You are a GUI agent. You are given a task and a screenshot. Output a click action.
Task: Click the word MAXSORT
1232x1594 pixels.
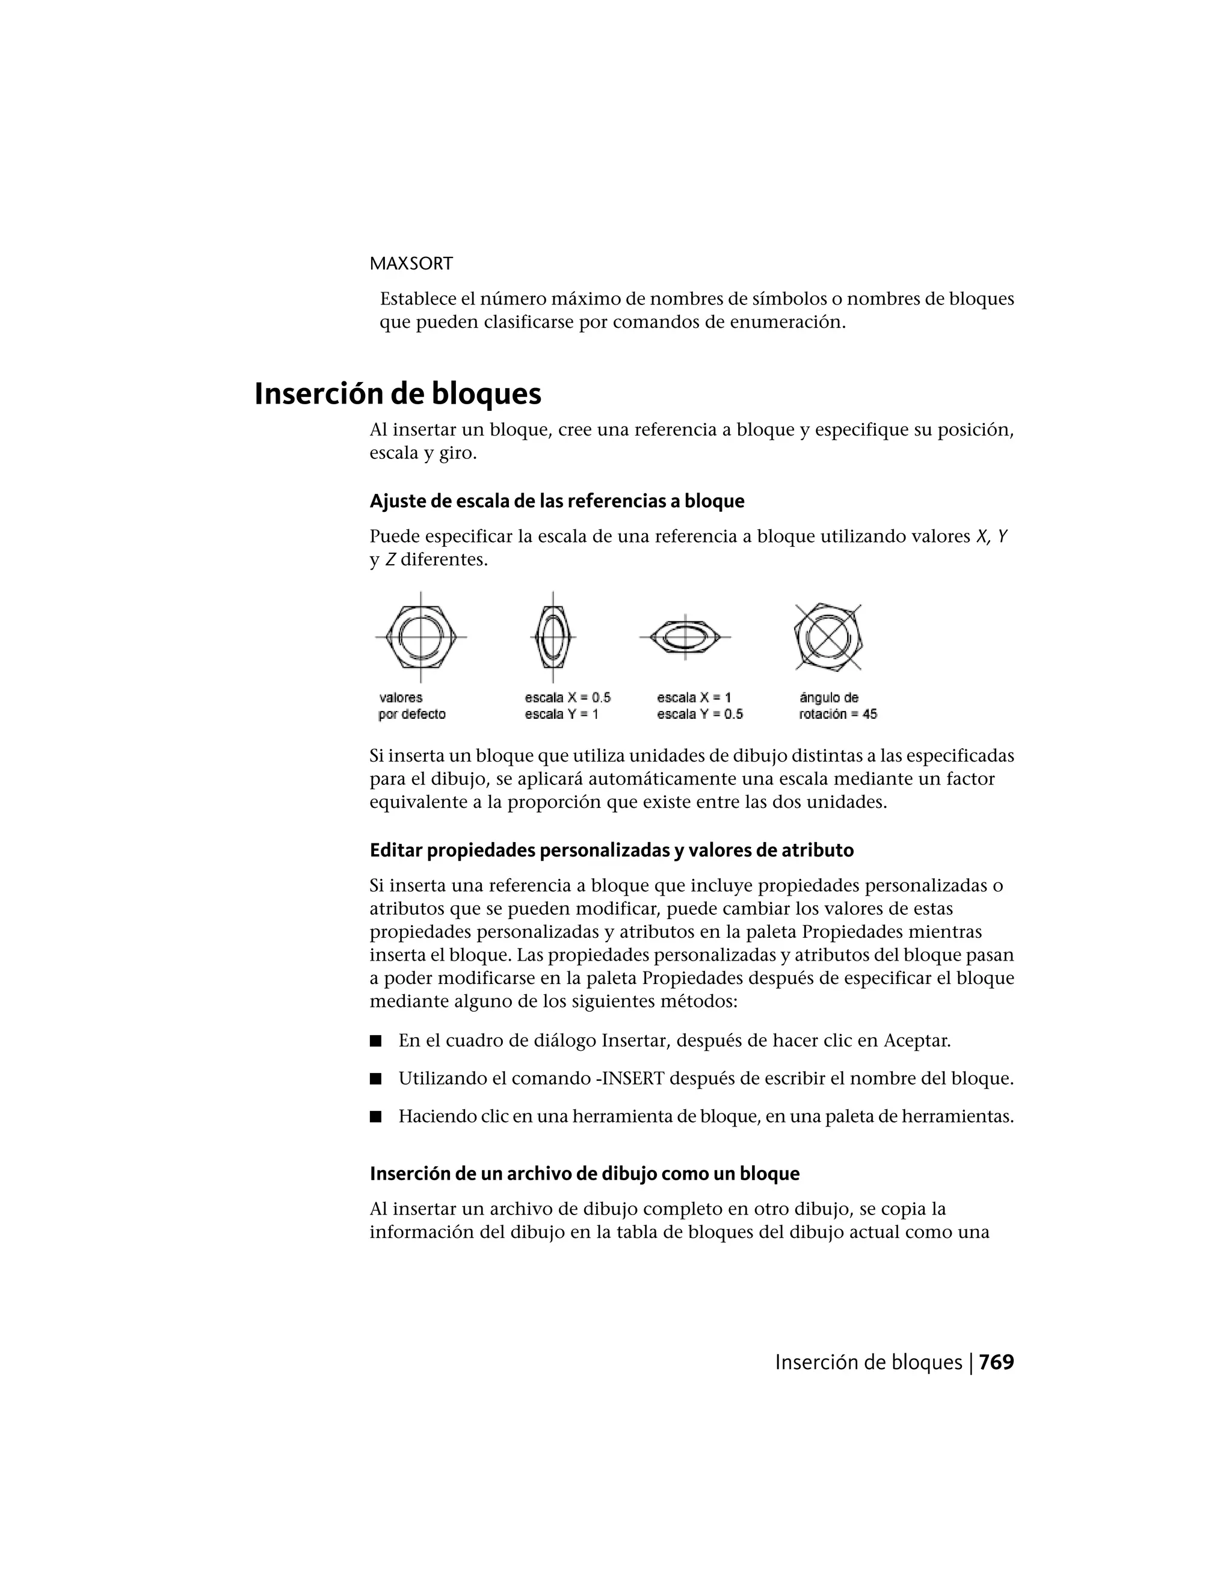pyautogui.click(x=411, y=263)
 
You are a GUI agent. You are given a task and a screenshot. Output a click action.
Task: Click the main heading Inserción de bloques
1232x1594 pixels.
pyautogui.click(x=398, y=394)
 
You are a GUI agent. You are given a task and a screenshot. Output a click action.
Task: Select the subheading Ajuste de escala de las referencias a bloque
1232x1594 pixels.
pyautogui.click(x=557, y=502)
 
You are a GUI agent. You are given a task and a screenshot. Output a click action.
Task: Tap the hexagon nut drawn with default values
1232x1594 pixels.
pyautogui.click(x=421, y=637)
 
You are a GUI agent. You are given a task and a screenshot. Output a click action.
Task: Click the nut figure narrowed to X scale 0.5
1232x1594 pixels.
pyautogui.click(x=552, y=637)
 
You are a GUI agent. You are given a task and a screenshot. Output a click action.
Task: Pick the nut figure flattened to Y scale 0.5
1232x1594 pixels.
pyautogui.click(x=685, y=637)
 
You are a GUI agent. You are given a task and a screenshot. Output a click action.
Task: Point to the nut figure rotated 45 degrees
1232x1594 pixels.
pyautogui.click(x=828, y=637)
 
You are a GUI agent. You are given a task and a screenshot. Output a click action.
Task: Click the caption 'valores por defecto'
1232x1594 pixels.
pyautogui.click(x=411, y=706)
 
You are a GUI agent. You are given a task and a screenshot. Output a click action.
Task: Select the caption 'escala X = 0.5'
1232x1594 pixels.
pyautogui.click(x=567, y=698)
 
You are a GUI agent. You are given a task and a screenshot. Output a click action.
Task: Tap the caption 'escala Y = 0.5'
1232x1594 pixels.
pyautogui.click(x=699, y=715)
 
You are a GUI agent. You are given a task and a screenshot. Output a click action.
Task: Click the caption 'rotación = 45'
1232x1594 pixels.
pyautogui.click(x=837, y=715)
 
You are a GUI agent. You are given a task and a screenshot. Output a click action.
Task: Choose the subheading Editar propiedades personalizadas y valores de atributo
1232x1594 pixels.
pyautogui.click(x=612, y=851)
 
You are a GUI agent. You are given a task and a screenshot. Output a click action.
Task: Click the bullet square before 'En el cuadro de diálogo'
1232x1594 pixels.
pyautogui.click(x=376, y=1041)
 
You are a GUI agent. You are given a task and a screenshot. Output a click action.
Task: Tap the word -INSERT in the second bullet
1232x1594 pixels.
pyautogui.click(x=630, y=1079)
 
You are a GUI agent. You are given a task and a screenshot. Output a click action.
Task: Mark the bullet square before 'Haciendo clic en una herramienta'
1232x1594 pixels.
pyautogui.click(x=376, y=1116)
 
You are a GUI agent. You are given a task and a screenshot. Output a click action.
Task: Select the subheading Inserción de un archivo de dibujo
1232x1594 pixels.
pyautogui.click(x=585, y=1174)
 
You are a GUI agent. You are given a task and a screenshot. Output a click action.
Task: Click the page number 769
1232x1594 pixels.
pyautogui.click(x=996, y=1362)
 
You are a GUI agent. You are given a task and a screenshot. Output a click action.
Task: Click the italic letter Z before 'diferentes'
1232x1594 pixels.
pyautogui.click(x=390, y=561)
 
